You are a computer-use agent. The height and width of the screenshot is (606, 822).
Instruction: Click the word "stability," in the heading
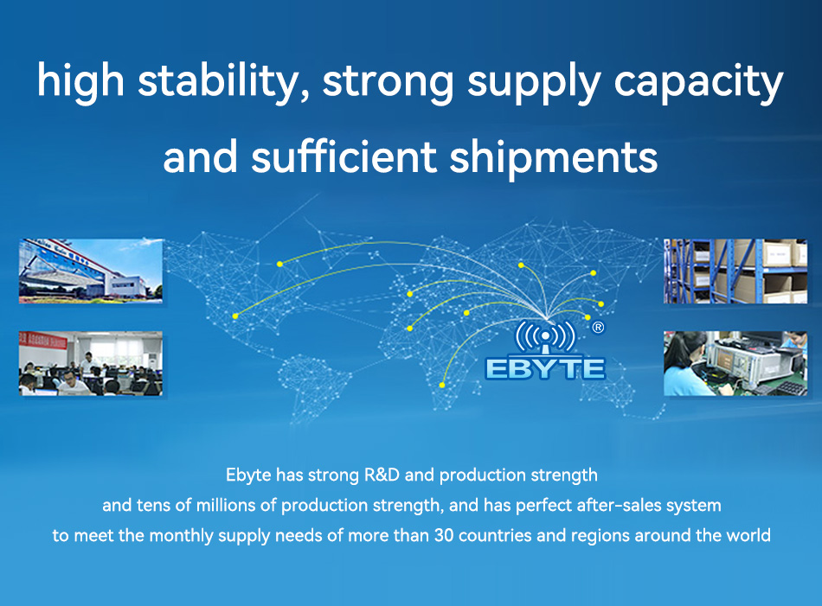(222, 81)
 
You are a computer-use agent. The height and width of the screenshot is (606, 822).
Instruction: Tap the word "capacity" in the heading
(698, 81)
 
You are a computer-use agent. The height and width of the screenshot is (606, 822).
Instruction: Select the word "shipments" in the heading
(553, 156)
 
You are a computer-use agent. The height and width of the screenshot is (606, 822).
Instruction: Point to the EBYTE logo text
(545, 368)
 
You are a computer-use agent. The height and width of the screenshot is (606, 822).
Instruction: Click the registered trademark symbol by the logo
(598, 328)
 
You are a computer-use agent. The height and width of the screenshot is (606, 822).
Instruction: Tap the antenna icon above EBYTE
(545, 338)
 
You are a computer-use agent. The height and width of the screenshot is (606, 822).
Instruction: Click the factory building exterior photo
(91, 271)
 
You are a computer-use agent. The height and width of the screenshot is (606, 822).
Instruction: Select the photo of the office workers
(91, 363)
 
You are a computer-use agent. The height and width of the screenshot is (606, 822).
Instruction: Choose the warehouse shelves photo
(735, 271)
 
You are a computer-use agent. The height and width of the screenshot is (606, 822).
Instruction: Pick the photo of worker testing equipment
(735, 363)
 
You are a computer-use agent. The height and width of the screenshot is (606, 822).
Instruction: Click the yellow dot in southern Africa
(442, 385)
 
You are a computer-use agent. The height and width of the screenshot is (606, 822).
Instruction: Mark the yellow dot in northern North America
(280, 264)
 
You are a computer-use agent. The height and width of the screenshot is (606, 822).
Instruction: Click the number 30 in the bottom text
(444, 535)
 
